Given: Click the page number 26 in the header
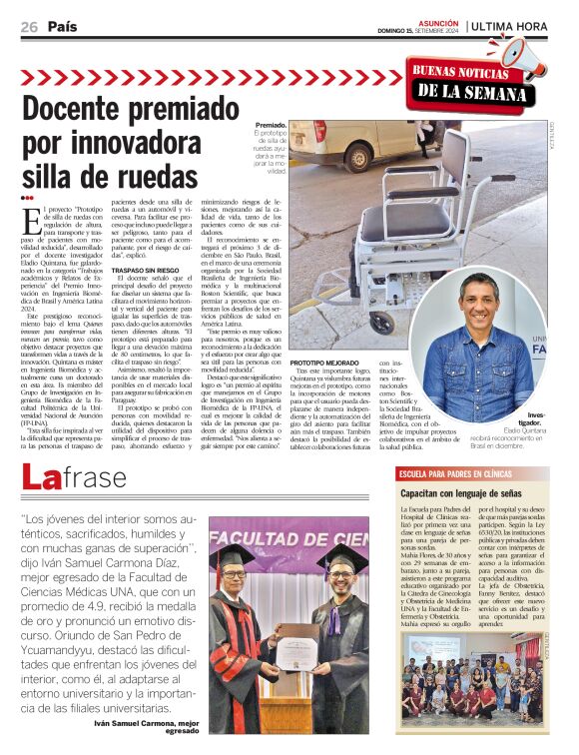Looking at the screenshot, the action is (x=29, y=27).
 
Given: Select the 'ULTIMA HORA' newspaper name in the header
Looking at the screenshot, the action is (x=515, y=27).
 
